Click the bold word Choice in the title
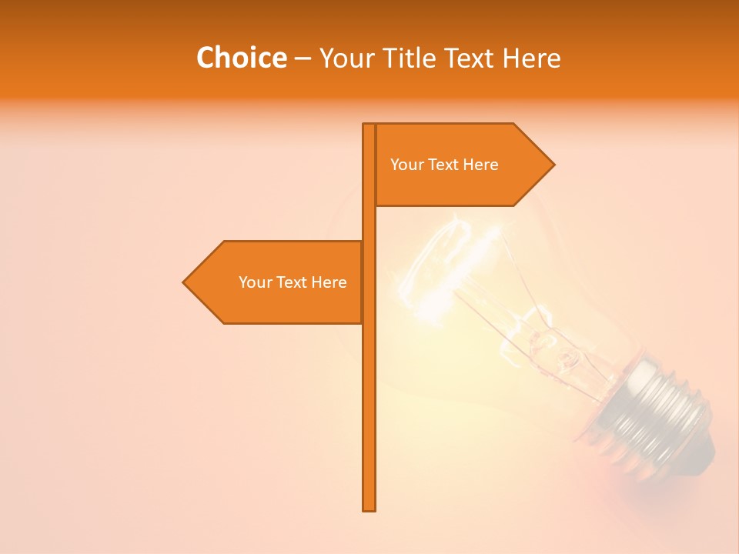tap(241, 58)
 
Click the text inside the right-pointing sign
tap(444, 165)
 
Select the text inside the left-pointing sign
tap(293, 282)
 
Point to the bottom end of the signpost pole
tap(369, 508)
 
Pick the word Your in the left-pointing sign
tap(255, 282)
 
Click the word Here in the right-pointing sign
tap(481, 165)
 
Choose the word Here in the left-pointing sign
tap(329, 282)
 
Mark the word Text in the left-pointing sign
tap(293, 282)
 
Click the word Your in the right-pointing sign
tap(406, 165)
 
